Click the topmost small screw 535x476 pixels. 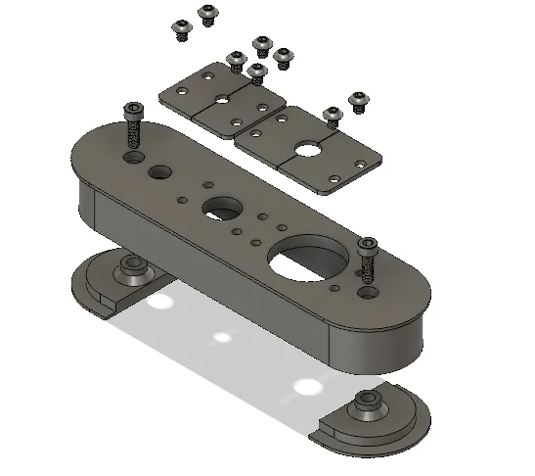click(x=207, y=13)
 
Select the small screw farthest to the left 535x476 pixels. click(x=180, y=31)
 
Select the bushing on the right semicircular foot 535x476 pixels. click(x=368, y=402)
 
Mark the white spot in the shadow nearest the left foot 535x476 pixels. click(x=155, y=305)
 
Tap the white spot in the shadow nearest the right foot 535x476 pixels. click(x=308, y=385)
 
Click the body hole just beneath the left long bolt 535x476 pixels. click(x=134, y=157)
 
